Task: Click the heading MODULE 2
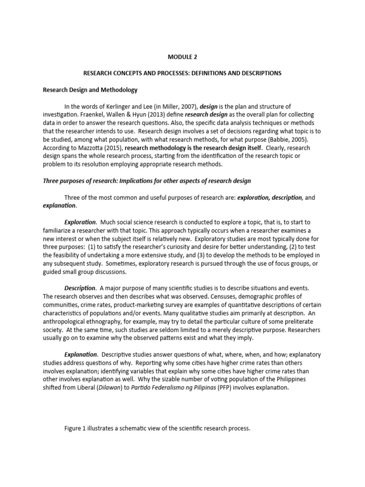tap(182, 57)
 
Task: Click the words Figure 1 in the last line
tap(76, 429)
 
